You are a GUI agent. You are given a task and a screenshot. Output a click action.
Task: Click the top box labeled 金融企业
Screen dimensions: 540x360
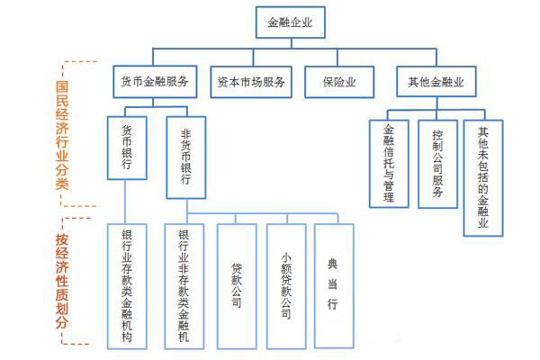pyautogui.click(x=291, y=22)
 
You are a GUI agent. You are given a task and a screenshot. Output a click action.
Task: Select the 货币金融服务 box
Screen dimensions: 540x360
pyautogui.click(x=155, y=82)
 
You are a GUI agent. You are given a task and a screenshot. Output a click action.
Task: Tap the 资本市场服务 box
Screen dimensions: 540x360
pyautogui.click(x=251, y=82)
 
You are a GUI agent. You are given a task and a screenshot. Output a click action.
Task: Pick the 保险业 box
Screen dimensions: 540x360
pyautogui.click(x=339, y=82)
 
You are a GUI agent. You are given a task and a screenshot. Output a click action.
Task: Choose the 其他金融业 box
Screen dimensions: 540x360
pyautogui.click(x=436, y=82)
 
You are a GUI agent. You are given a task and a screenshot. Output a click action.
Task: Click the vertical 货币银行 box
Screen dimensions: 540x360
pyautogui.click(x=127, y=148)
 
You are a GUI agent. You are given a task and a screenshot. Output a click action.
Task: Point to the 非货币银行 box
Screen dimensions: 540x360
pyautogui.click(x=186, y=157)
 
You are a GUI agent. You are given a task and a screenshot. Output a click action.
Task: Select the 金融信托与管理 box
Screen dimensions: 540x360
pyautogui.click(x=389, y=164)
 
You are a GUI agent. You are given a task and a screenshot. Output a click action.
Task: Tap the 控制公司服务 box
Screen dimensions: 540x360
pyautogui.click(x=437, y=164)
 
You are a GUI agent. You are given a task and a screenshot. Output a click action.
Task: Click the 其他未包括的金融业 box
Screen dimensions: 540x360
pyautogui.click(x=483, y=178)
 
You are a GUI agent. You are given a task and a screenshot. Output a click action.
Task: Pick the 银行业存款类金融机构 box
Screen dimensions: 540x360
pyautogui.click(x=127, y=286)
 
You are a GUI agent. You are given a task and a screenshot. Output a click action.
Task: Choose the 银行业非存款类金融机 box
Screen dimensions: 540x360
pyautogui.click(x=184, y=286)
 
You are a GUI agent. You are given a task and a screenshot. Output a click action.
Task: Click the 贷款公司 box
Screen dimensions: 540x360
pyautogui.click(x=237, y=286)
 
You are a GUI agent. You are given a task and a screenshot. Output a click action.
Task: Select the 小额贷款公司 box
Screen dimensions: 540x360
pyautogui.click(x=286, y=286)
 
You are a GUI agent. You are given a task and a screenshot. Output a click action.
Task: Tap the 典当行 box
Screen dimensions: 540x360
pyautogui.click(x=334, y=285)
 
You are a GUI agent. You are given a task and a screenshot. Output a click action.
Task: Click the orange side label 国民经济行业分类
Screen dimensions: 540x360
pyautogui.click(x=62, y=135)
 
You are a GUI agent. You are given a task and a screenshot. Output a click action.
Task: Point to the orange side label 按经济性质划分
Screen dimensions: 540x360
pyautogui.click(x=62, y=281)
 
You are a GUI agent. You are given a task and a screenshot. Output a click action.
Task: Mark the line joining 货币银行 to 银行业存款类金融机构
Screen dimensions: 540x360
pyautogui.click(x=125, y=202)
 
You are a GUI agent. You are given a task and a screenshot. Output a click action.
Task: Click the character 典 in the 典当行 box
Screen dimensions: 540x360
pyautogui.click(x=332, y=265)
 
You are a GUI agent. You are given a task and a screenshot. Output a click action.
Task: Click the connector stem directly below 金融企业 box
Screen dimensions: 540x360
pyautogui.click(x=292, y=43)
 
